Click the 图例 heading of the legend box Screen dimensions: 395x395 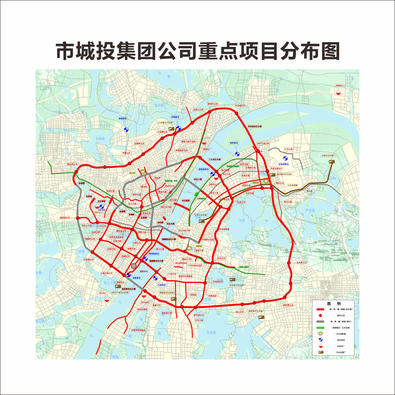click(333, 304)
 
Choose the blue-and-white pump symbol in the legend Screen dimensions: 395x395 click(321, 340)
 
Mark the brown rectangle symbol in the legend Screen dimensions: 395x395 click(321, 352)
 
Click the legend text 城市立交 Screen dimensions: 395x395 click(341, 316)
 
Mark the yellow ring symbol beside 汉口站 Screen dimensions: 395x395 click(143, 171)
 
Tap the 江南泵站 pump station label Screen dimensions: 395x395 click(162, 285)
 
